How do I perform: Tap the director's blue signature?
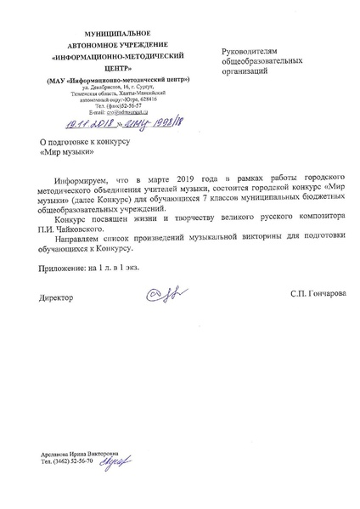pyautogui.click(x=161, y=294)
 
